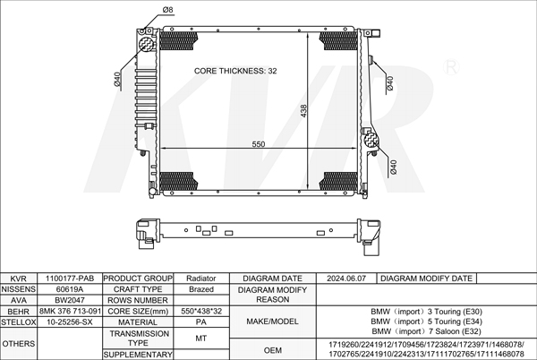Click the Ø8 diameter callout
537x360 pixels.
pos(168,10)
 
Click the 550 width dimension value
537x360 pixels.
pos(259,144)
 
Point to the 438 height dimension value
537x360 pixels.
pos(303,111)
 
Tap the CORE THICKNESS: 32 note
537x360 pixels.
pos(235,71)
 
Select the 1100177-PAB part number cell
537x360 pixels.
pos(70,279)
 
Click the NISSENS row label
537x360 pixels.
pos(19,289)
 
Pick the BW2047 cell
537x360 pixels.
pos(70,300)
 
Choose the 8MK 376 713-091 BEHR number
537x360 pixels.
pos(70,311)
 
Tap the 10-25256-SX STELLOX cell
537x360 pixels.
pos(70,322)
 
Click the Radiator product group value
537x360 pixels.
pos(201,279)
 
